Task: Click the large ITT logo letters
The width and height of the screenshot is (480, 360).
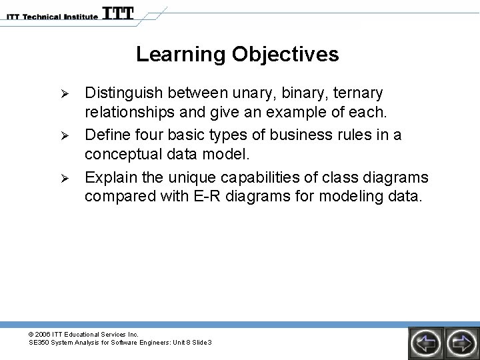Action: pos(118,13)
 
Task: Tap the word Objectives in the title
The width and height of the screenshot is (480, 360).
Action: pos(285,55)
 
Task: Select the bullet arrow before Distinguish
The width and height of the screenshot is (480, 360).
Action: pos(65,94)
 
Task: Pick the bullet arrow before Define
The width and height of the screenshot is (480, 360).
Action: pos(65,135)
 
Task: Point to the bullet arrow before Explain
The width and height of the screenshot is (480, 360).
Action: pos(65,178)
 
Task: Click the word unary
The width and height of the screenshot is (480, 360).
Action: pos(252,94)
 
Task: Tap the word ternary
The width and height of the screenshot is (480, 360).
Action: pos(358,94)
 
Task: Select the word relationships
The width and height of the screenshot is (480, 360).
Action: pos(129,112)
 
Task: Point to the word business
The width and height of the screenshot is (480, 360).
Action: pos(301,135)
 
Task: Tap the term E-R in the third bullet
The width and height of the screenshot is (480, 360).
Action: pos(207,196)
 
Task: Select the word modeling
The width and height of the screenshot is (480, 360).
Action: pos(351,197)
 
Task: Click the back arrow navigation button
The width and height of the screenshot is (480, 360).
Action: pos(426,343)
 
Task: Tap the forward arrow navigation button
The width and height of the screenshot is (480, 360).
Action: pos(462,343)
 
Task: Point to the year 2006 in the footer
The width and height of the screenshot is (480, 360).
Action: pos(42,334)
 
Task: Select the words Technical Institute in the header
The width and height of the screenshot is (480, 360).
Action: pos(60,17)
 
